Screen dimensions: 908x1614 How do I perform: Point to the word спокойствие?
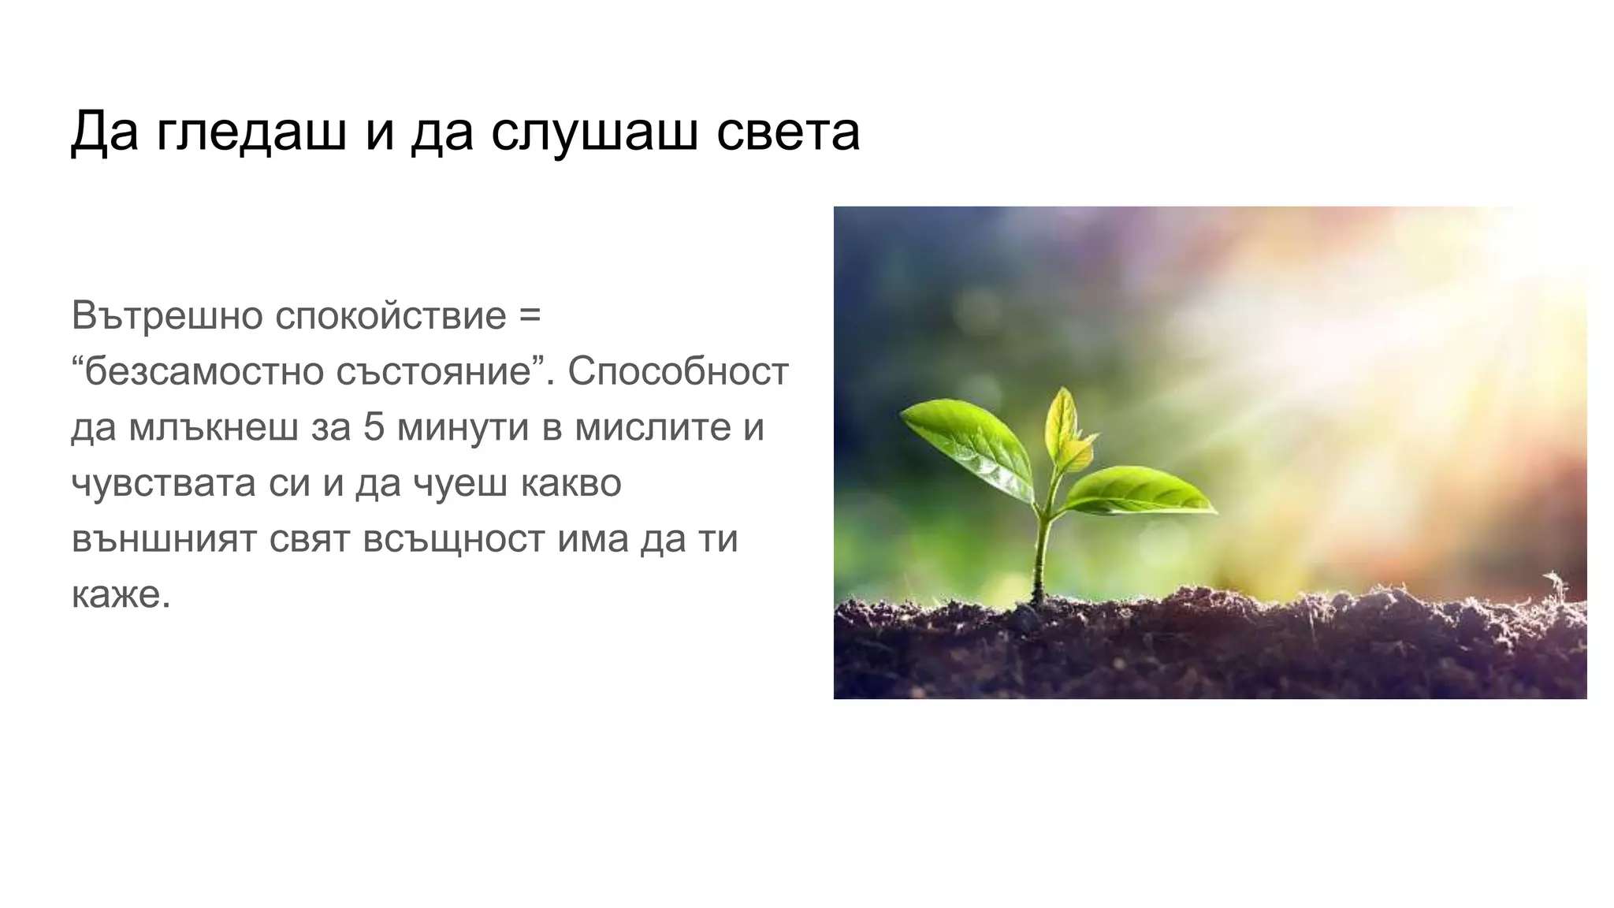391,317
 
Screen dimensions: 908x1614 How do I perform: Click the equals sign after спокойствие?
530,315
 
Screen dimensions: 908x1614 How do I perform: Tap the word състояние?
434,372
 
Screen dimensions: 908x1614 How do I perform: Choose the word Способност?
678,371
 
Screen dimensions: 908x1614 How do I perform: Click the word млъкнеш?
214,427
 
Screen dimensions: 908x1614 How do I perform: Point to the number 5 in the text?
374,427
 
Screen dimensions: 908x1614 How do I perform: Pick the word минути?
463,428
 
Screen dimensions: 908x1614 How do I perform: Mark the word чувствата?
163,483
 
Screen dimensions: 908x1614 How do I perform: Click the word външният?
164,540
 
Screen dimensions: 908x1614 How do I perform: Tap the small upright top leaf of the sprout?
1065,426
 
